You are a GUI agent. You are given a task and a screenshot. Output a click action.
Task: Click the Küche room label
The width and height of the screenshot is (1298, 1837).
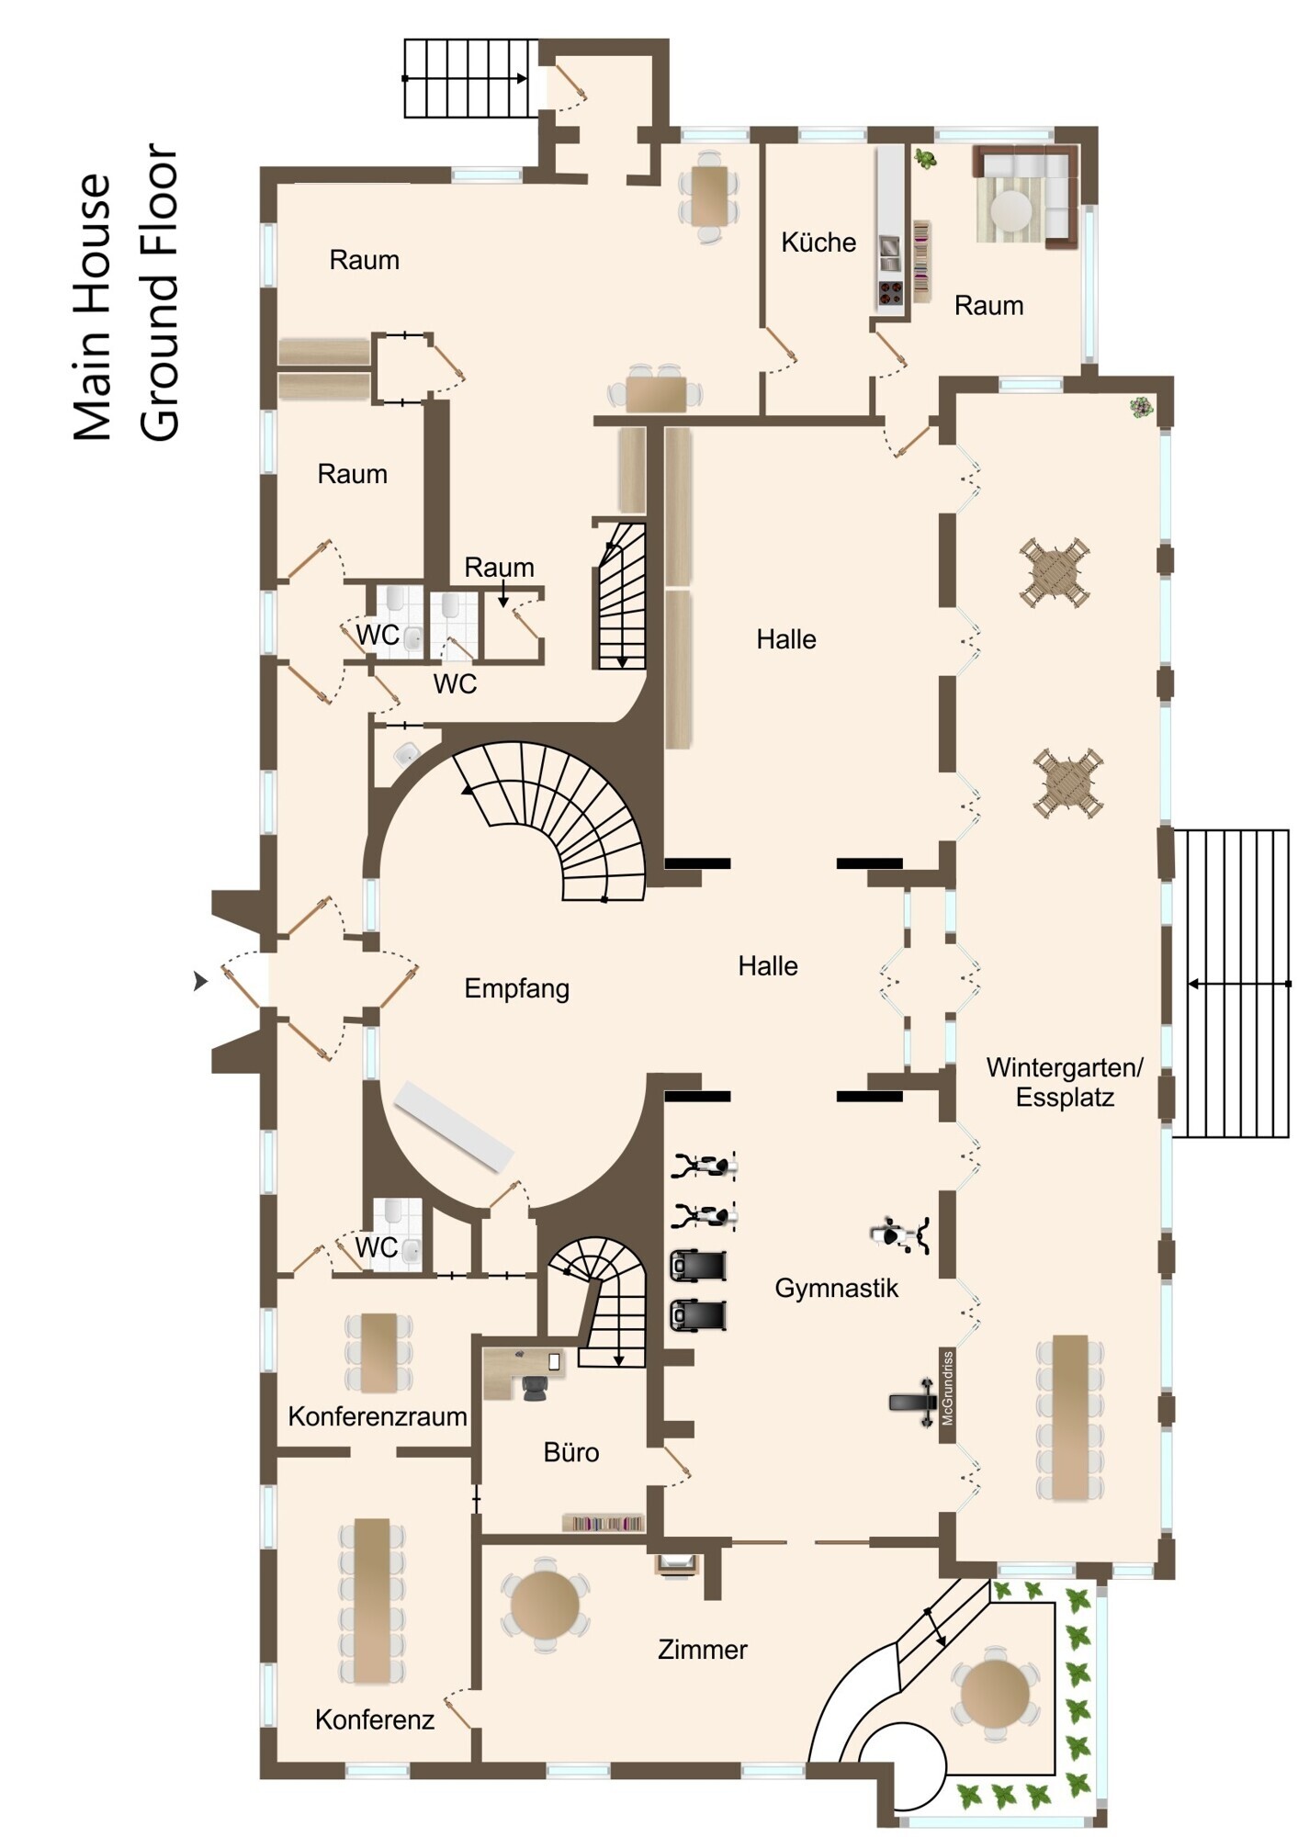818,242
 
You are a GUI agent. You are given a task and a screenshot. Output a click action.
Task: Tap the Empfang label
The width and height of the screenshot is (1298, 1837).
516,989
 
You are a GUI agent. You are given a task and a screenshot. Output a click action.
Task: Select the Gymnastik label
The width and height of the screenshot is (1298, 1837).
836,1289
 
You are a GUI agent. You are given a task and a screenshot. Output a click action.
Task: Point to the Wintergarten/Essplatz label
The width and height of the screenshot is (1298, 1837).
1065,1082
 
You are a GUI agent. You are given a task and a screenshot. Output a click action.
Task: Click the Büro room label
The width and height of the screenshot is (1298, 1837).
571,1452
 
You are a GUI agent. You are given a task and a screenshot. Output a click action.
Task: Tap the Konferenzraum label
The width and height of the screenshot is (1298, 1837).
378,1416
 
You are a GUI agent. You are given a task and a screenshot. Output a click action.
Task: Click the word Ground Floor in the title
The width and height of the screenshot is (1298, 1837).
160,292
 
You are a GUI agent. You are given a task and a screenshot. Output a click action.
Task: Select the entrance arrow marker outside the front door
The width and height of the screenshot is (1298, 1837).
200,982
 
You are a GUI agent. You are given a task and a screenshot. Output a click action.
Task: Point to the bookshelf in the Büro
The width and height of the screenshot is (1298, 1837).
603,1523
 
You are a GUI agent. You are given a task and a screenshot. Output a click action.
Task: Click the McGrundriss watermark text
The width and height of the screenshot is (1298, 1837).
947,1388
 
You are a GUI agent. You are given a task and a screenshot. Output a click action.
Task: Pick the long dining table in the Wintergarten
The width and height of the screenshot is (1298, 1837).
1070,1417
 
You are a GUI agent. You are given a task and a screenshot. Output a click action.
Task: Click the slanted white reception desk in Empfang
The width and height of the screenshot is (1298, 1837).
453,1125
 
